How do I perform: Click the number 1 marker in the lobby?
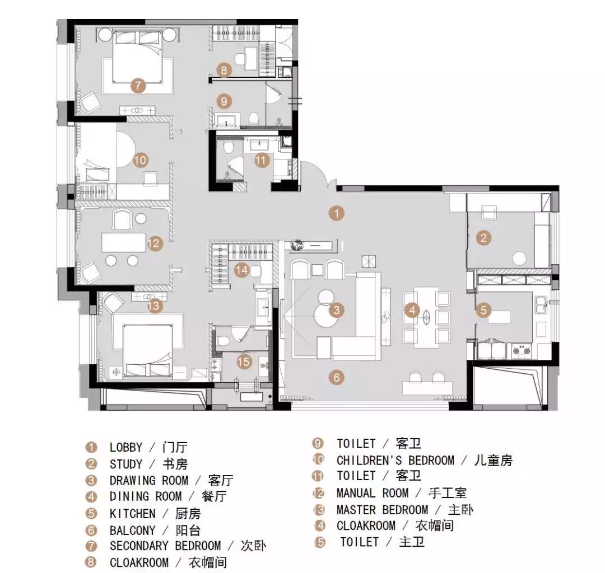click(336, 213)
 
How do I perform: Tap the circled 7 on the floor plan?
click(137, 86)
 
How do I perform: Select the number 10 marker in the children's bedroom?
click(140, 160)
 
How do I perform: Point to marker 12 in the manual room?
click(154, 243)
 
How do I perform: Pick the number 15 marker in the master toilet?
click(244, 361)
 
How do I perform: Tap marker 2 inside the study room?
click(483, 238)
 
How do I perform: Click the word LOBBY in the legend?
click(126, 448)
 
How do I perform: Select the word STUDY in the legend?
click(126, 464)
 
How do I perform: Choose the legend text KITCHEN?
click(133, 513)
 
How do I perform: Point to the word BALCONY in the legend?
click(133, 530)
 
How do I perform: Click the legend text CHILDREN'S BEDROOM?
click(395, 461)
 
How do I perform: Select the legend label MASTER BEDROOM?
click(382, 510)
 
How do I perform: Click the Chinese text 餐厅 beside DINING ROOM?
click(214, 497)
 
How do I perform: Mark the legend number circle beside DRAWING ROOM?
click(91, 481)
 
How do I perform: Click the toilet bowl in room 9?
click(253, 118)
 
